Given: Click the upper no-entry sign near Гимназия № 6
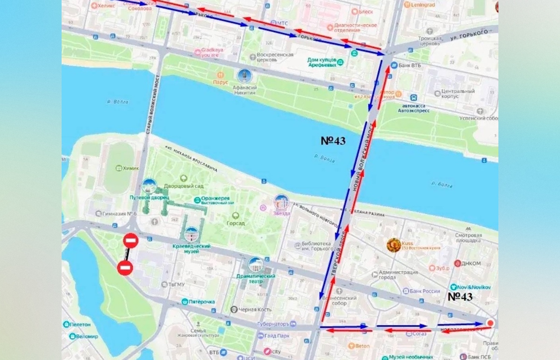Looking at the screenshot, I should (131, 241).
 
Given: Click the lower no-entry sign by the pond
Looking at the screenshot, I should (125, 268).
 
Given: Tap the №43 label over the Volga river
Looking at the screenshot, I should (333, 141).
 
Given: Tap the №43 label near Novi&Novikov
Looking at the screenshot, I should (460, 296).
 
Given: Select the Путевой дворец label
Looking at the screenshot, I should (146, 198).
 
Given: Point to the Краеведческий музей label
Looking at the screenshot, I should (192, 248).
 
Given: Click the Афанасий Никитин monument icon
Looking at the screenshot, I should (244, 76).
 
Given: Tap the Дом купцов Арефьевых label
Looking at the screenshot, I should (322, 62).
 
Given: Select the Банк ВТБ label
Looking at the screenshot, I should (410, 65).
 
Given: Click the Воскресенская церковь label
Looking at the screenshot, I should (275, 55).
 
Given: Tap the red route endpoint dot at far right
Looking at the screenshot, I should (490, 323).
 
